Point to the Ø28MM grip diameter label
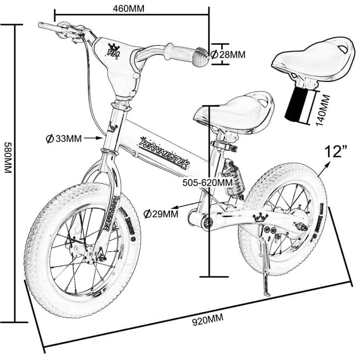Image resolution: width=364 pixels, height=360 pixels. click(x=227, y=55)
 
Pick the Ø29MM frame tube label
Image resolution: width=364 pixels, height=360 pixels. click(x=161, y=214)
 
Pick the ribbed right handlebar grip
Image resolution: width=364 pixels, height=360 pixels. click(x=198, y=56)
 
